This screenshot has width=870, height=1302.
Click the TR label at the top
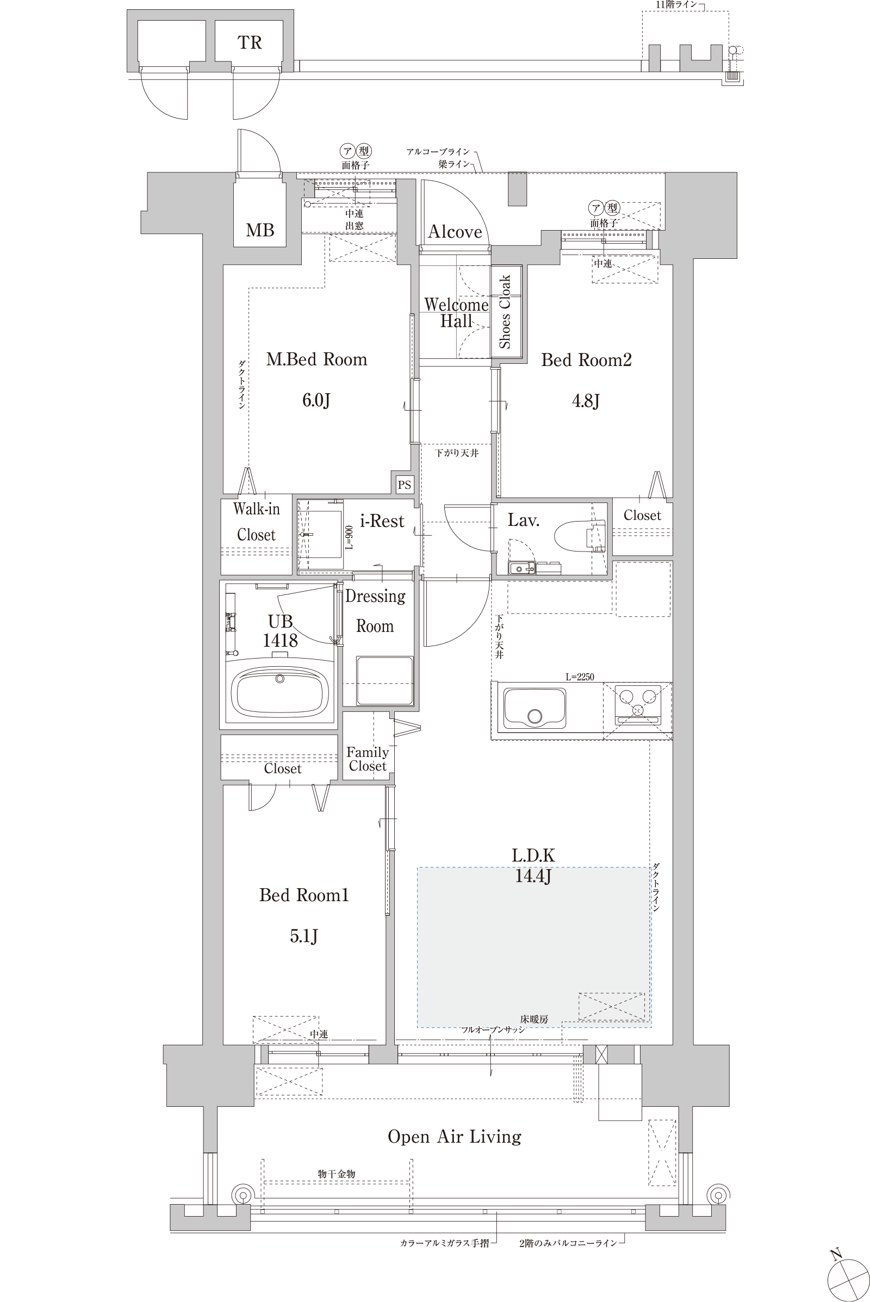point(250,42)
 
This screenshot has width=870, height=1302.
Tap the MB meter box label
point(260,230)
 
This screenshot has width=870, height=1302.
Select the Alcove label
point(455,232)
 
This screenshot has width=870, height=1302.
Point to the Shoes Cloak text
point(505,312)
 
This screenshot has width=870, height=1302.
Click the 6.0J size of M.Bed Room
point(316,400)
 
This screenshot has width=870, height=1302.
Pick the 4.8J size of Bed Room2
point(586,400)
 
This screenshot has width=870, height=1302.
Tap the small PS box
point(405,485)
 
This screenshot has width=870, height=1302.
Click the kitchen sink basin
point(535,709)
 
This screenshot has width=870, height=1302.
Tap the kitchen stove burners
point(637,704)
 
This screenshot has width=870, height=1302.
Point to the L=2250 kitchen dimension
point(580,677)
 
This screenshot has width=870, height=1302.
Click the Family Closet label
point(368,759)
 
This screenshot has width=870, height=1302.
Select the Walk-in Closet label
point(256,522)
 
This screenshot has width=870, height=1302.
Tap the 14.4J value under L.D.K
point(533,876)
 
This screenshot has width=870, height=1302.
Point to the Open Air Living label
point(455,1137)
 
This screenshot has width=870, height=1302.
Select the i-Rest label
point(382,521)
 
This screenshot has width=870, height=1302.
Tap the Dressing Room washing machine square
point(384,680)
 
